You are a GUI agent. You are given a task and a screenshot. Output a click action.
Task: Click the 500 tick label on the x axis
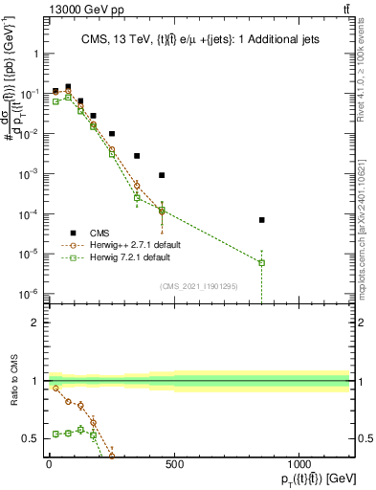point(174,466)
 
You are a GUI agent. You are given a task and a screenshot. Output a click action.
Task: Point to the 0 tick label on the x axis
point(49,466)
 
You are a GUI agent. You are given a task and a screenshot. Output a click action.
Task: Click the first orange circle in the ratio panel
point(55,389)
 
